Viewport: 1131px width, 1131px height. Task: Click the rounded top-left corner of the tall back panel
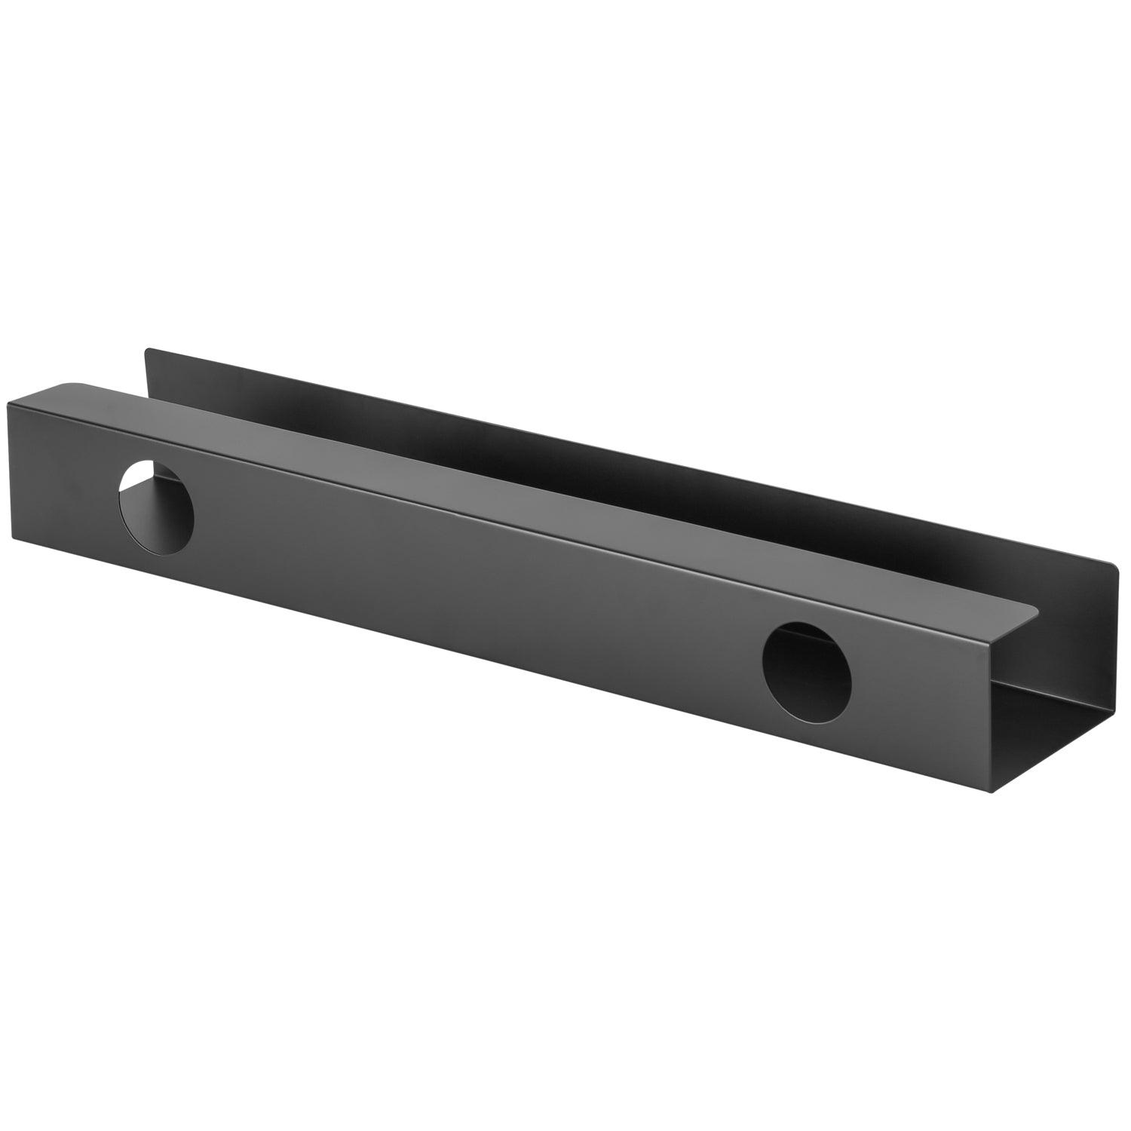(148, 349)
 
